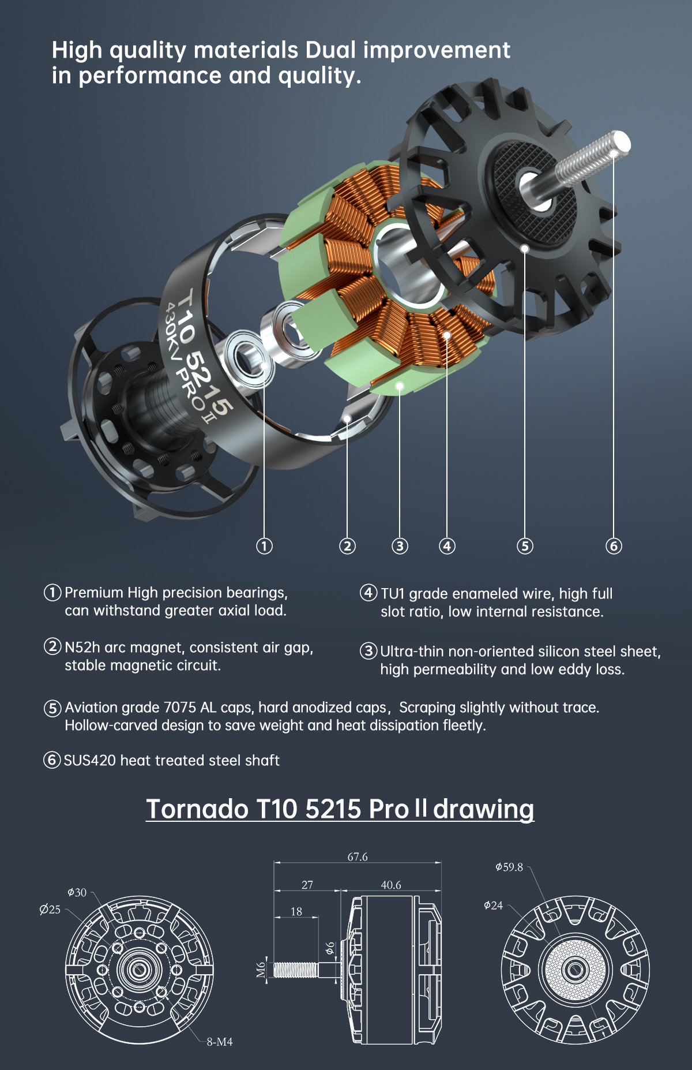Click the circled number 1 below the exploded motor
pos(264,546)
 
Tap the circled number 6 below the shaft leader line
pos(614,546)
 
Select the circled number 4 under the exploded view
pos(447,546)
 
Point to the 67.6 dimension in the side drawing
pos(358,857)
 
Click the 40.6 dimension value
pos(391,885)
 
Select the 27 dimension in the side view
pos(307,885)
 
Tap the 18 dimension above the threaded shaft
pos(296,911)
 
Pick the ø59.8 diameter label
pos(509,867)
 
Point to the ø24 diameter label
pos(493,906)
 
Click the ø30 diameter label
pos(77,893)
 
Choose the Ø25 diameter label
pos(50,910)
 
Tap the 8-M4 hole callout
pos(220,1042)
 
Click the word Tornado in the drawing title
pos(197,809)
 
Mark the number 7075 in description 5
pos(180,708)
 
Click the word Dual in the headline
pos(330,50)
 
